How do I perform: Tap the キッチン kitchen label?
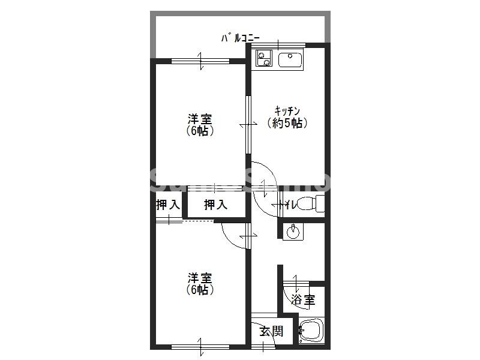pos(287,110)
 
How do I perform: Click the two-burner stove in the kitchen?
pos(263,58)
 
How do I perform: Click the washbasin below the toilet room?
pos(293,230)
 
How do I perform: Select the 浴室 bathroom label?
pos(303,299)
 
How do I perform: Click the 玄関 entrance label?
pos(271,331)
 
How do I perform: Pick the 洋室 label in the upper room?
pos(200,118)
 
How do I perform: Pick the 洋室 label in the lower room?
pos(200,278)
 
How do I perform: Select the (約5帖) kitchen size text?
pos(287,124)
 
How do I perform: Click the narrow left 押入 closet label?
pos(168,205)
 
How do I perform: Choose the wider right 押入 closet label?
pos(215,205)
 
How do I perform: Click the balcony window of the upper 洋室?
pos(200,60)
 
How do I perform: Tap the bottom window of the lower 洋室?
pos(200,346)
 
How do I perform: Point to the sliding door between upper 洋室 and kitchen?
pos(247,124)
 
